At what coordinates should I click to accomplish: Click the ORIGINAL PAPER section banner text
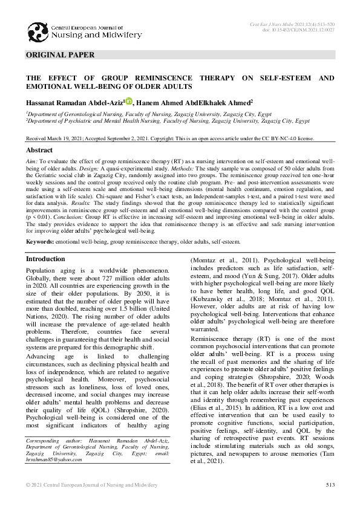pos(60,55)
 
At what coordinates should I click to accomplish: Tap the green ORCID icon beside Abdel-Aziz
pos(129,102)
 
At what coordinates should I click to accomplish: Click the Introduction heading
pos(45,259)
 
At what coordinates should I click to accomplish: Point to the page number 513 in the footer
pos(330,485)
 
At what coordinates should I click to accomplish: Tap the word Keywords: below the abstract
pos(39,242)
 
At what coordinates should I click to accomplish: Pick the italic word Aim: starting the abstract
pos(31,163)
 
